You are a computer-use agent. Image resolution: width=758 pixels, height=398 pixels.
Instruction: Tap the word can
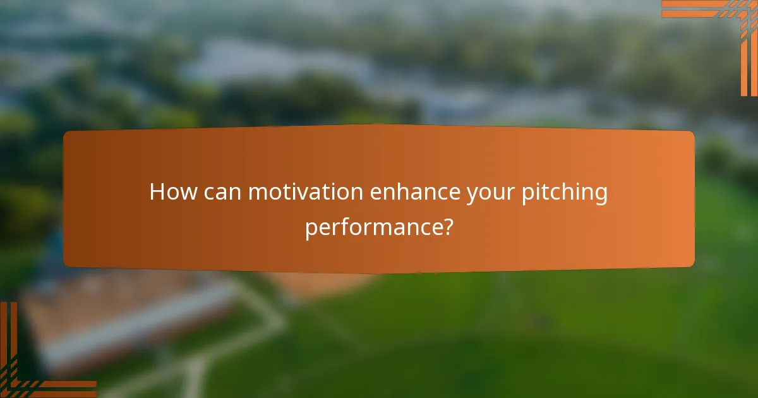click(224, 193)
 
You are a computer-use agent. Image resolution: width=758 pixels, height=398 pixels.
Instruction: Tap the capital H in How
click(157, 192)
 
